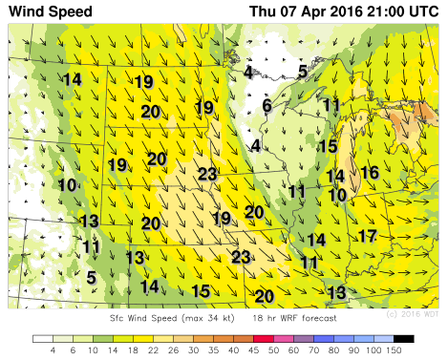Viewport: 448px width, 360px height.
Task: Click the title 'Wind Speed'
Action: point(52,12)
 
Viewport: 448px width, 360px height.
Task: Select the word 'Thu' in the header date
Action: point(266,12)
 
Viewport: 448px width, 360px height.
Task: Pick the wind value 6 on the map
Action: point(267,106)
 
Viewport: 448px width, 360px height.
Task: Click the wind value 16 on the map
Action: point(371,173)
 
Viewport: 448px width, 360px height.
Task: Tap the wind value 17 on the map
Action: point(368,235)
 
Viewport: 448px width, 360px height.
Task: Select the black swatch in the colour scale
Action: point(403,338)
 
